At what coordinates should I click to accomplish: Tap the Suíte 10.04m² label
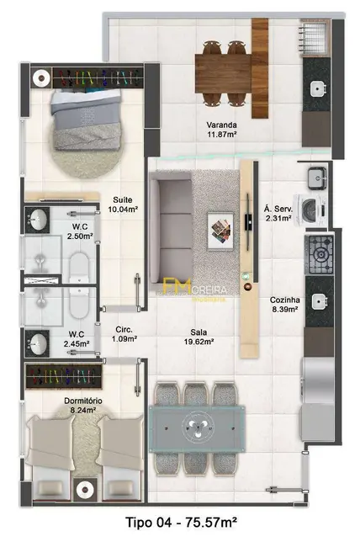pos(124,204)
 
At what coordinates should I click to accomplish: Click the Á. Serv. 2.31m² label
pos(277,213)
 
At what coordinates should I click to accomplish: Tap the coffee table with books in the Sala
pos(220,229)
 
